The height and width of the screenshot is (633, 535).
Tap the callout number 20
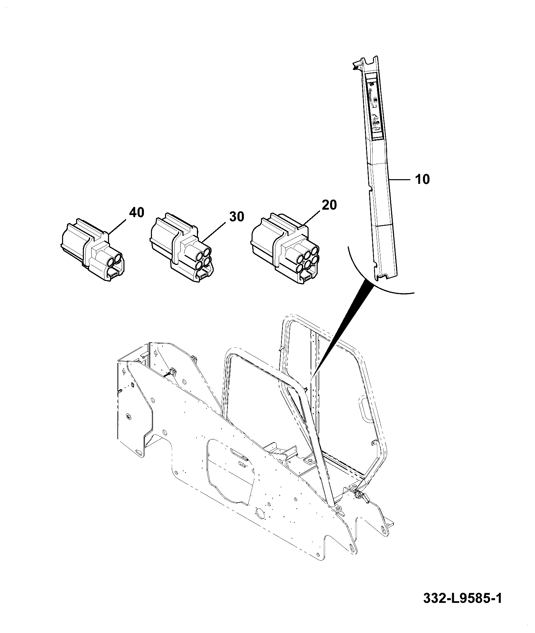pos(329,205)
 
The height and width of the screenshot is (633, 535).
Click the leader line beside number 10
pos(400,180)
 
